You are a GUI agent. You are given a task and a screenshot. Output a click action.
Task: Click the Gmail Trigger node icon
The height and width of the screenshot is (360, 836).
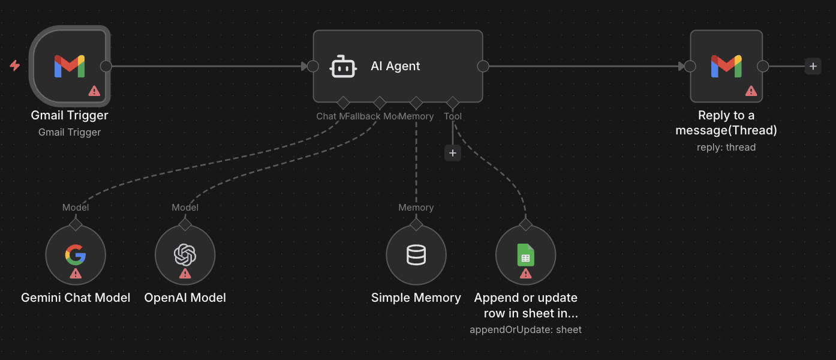pyautogui.click(x=70, y=65)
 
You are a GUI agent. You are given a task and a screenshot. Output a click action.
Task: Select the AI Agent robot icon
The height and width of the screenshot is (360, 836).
pyautogui.click(x=344, y=67)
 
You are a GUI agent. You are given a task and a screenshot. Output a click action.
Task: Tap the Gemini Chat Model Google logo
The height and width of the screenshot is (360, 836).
pyautogui.click(x=76, y=255)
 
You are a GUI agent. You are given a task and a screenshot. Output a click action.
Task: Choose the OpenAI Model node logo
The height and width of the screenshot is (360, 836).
pyautogui.click(x=185, y=255)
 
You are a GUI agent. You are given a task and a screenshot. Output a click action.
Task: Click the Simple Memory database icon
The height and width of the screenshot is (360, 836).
pyautogui.click(x=416, y=255)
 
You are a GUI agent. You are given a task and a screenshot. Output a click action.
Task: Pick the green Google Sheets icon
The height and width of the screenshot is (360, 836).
pyautogui.click(x=525, y=255)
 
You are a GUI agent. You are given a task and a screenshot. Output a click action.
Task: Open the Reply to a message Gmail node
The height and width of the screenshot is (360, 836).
pyautogui.click(x=726, y=65)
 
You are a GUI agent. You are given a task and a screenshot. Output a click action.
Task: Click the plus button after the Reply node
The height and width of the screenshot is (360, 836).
pyautogui.click(x=813, y=66)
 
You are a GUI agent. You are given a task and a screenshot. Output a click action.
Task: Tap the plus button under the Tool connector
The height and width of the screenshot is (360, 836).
pyautogui.click(x=453, y=153)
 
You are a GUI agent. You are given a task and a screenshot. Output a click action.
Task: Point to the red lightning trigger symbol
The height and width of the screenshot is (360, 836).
pyautogui.click(x=15, y=65)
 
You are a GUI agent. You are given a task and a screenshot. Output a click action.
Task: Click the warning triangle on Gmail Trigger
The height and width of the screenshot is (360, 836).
pyautogui.click(x=94, y=91)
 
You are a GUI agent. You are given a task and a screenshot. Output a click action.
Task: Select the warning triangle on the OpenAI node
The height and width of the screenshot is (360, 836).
pyautogui.click(x=185, y=274)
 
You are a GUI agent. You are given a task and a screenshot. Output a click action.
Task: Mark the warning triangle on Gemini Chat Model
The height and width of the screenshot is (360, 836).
pyautogui.click(x=76, y=274)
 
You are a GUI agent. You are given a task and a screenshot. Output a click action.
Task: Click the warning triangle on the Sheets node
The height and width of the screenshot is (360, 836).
pyautogui.click(x=525, y=274)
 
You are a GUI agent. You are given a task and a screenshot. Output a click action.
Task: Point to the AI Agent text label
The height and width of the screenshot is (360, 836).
pyautogui.click(x=395, y=67)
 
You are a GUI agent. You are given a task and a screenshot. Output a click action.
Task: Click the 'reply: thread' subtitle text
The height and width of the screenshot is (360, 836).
pyautogui.click(x=726, y=147)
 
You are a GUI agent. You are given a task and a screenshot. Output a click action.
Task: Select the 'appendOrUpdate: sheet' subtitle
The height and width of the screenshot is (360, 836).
pyautogui.click(x=525, y=329)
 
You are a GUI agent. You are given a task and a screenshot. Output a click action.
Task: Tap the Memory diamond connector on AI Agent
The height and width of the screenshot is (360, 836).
pyautogui.click(x=416, y=103)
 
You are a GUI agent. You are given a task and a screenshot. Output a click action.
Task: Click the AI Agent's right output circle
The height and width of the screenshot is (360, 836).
pyautogui.click(x=483, y=66)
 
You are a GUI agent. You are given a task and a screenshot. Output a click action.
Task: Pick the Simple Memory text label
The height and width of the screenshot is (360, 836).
pyautogui.click(x=416, y=298)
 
